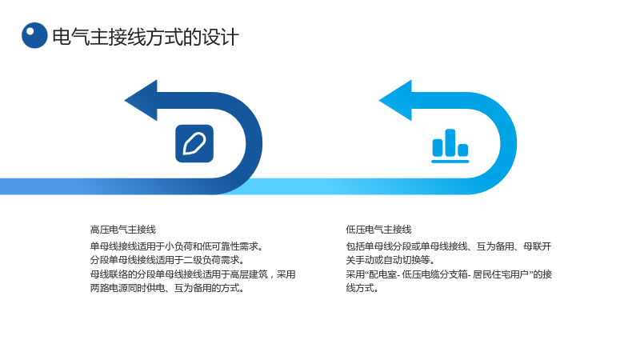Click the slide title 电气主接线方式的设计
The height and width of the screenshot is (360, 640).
[146, 37]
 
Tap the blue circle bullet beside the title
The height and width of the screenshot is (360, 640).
[34, 35]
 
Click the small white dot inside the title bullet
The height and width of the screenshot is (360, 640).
[30, 31]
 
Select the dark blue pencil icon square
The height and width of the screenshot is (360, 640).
[194, 143]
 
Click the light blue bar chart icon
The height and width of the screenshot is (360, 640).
[450, 146]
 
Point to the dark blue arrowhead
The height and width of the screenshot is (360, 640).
[141, 101]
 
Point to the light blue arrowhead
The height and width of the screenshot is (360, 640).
[395, 101]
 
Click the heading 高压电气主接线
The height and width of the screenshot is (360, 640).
[123, 230]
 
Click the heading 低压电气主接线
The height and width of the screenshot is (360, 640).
[378, 230]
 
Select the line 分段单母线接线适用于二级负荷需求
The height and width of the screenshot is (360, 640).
[167, 260]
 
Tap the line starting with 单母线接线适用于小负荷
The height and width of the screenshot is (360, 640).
[177, 246]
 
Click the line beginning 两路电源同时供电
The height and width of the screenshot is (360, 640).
[167, 288]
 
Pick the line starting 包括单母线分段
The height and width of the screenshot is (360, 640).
[449, 246]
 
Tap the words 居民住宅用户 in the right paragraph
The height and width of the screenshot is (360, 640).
[501, 274]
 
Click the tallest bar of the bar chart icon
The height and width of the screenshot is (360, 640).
[450, 142]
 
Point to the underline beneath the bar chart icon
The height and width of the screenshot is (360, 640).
[450, 162]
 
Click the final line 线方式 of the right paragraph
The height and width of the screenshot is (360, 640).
[362, 288]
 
